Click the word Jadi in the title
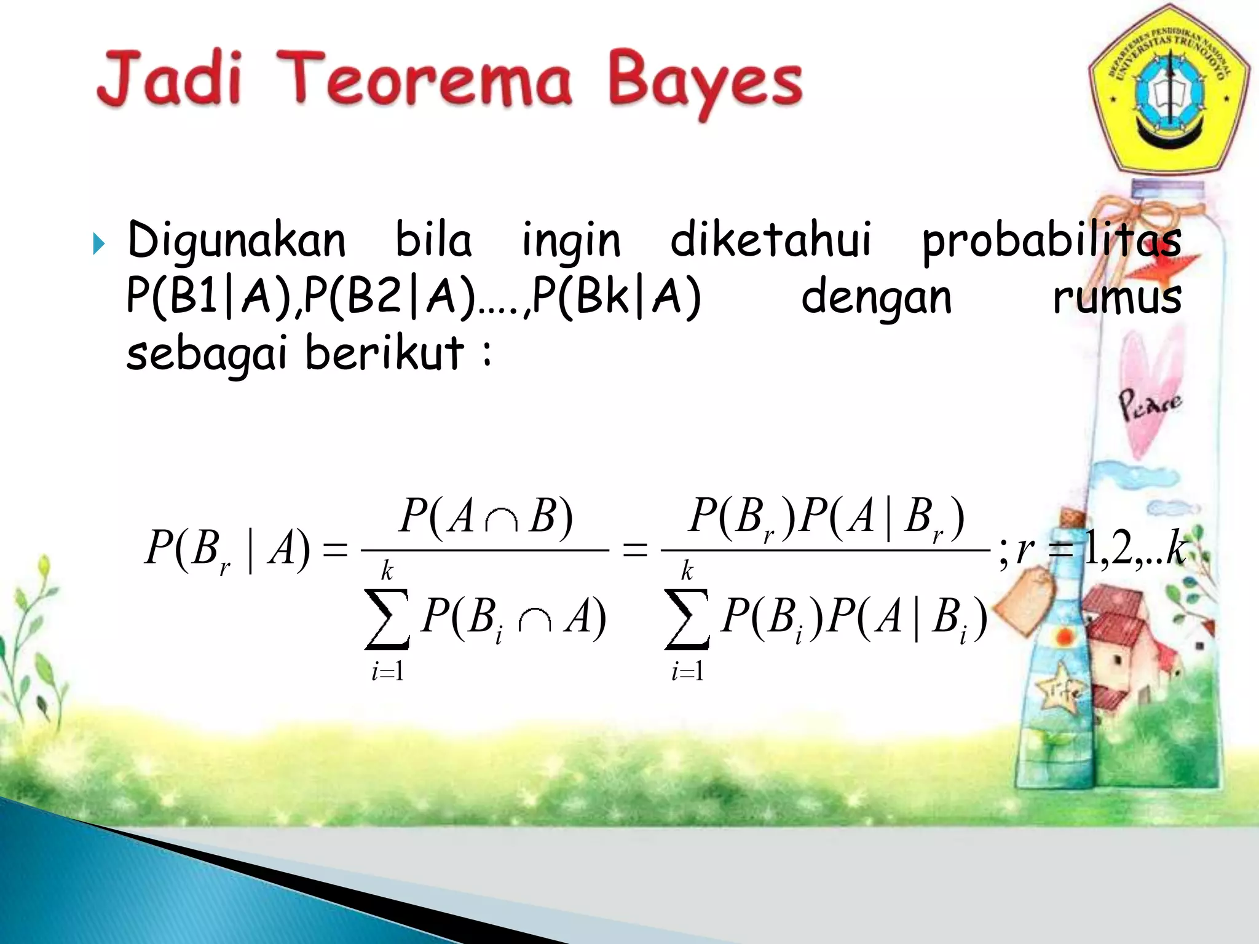tap(168, 79)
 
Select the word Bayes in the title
tap(706, 83)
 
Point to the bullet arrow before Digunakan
tap(98, 244)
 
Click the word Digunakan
tap(237, 241)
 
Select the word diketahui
tap(771, 240)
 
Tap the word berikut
tap(384, 353)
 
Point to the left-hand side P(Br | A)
tap(227, 548)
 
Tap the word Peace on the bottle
tap(1148, 404)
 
